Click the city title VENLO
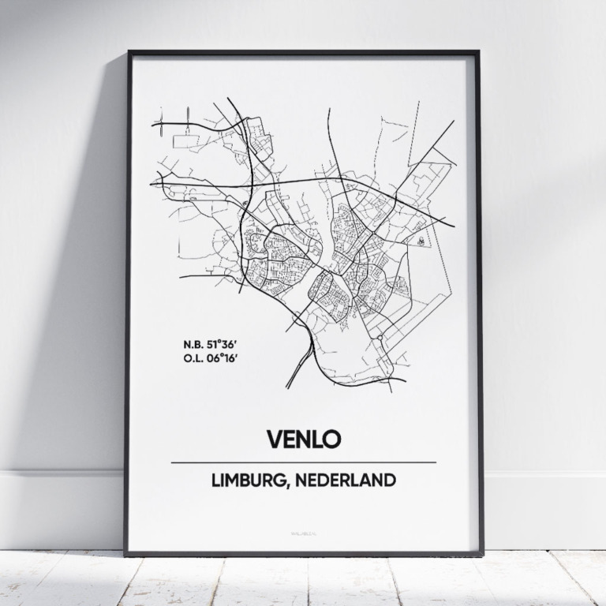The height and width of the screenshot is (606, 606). pyautogui.click(x=303, y=439)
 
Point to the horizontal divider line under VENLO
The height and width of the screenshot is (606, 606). pyautogui.click(x=303, y=462)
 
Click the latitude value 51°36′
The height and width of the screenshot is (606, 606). pyautogui.click(x=222, y=344)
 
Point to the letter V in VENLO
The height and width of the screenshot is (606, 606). pyautogui.click(x=274, y=439)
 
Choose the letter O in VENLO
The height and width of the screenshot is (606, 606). pyautogui.click(x=331, y=439)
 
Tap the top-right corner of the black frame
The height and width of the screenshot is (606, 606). pyautogui.click(x=478, y=53)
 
